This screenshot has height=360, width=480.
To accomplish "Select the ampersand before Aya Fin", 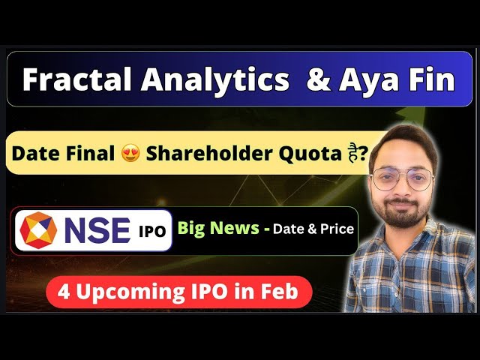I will pos(319,79).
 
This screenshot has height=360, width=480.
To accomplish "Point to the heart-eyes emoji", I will pos(130,154).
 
